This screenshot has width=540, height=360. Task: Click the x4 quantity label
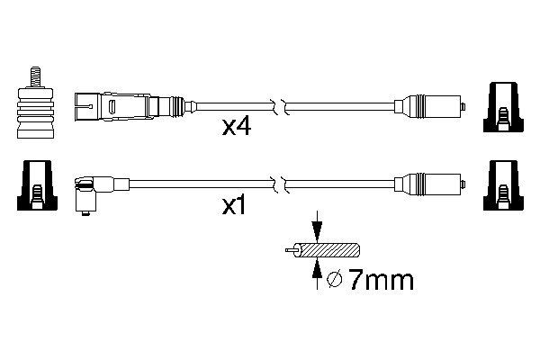tap(237, 128)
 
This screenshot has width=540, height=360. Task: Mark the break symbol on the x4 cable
tap(281, 105)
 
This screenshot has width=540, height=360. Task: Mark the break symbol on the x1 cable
tap(281, 185)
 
